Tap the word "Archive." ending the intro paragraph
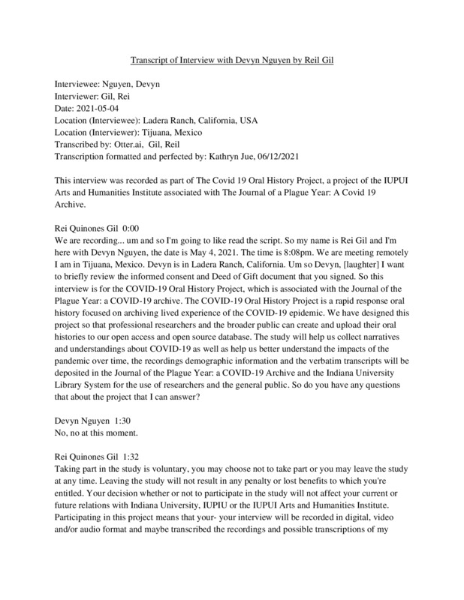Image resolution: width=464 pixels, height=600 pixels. point(76,204)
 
